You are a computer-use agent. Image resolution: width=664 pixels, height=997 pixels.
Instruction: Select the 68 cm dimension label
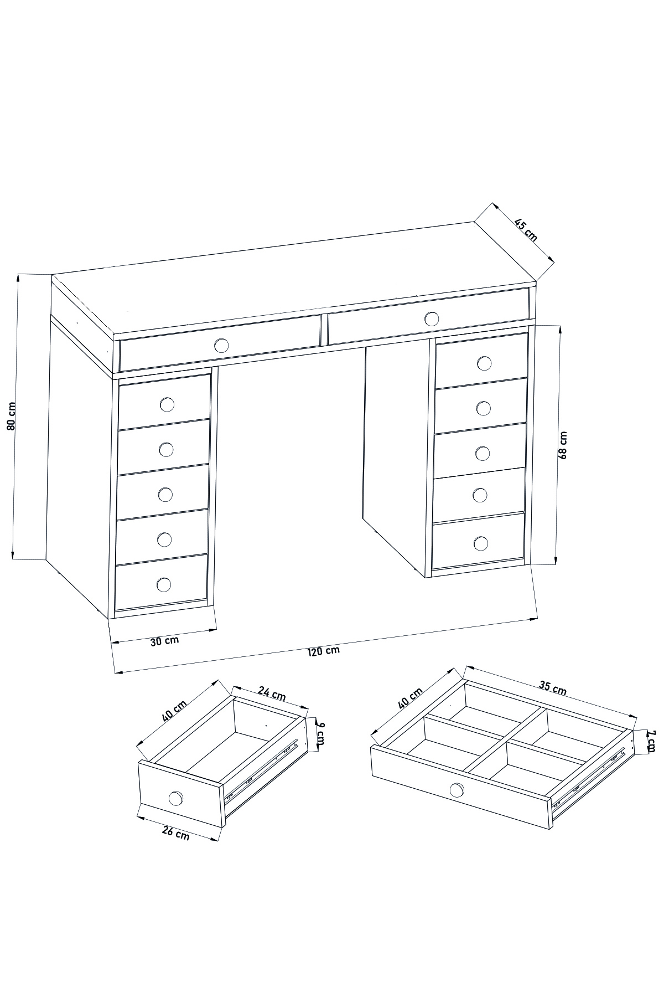(x=563, y=445)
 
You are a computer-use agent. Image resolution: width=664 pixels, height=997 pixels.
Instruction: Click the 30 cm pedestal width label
(x=165, y=641)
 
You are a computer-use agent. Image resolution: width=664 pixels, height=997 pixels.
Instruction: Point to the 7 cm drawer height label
(x=651, y=740)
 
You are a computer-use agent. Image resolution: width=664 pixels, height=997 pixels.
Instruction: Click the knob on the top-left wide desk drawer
(x=221, y=346)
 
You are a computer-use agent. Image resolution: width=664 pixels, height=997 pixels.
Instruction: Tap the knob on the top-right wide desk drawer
(x=432, y=318)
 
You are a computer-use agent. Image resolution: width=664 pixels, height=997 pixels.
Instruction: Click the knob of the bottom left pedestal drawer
(x=164, y=584)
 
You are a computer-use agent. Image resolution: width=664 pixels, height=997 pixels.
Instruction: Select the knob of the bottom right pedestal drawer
(x=481, y=543)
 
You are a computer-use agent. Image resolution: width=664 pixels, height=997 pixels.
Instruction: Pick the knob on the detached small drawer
(x=175, y=798)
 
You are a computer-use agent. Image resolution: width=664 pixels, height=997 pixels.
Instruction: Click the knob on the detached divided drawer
(x=457, y=789)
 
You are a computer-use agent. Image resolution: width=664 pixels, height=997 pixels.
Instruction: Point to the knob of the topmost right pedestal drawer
(x=484, y=363)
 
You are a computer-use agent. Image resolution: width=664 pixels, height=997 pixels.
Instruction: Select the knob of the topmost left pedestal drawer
(x=167, y=404)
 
